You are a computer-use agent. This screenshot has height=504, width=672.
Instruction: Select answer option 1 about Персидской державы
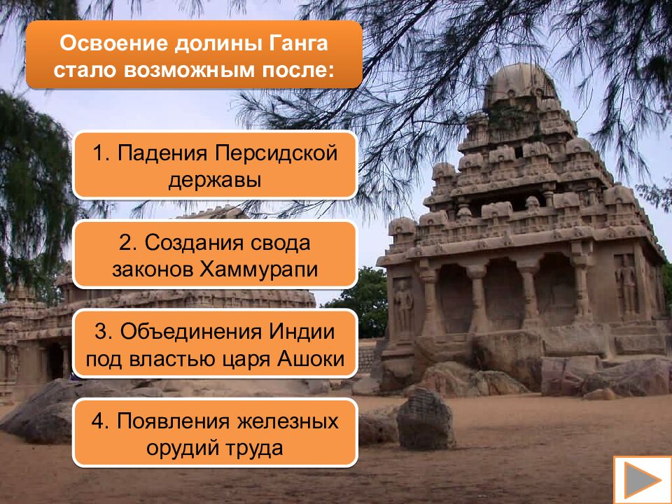(x=215, y=165)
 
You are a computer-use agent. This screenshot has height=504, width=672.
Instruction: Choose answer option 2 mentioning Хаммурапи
(x=215, y=255)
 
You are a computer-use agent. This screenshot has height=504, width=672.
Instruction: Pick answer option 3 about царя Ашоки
(x=215, y=344)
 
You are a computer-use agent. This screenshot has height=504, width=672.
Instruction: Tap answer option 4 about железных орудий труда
(x=215, y=433)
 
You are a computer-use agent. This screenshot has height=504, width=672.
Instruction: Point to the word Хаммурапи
(x=259, y=269)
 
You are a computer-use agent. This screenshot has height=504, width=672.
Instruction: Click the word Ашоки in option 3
(x=312, y=359)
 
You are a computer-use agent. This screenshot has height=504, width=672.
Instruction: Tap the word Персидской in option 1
(x=276, y=152)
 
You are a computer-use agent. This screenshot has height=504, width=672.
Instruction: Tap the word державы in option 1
(x=215, y=180)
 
